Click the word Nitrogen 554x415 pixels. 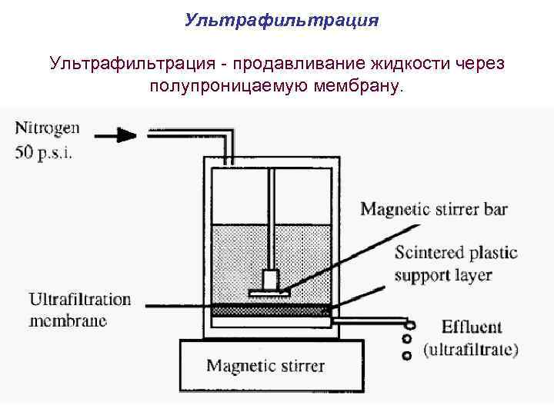coord(48,128)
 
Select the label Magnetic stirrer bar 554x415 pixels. coord(434,209)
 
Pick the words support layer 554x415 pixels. coord(443,274)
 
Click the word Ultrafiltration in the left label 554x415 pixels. coord(79,299)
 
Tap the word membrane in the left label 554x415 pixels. coord(68,320)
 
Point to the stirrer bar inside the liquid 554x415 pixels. coord(269,292)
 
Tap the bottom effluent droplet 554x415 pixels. coord(408,355)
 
